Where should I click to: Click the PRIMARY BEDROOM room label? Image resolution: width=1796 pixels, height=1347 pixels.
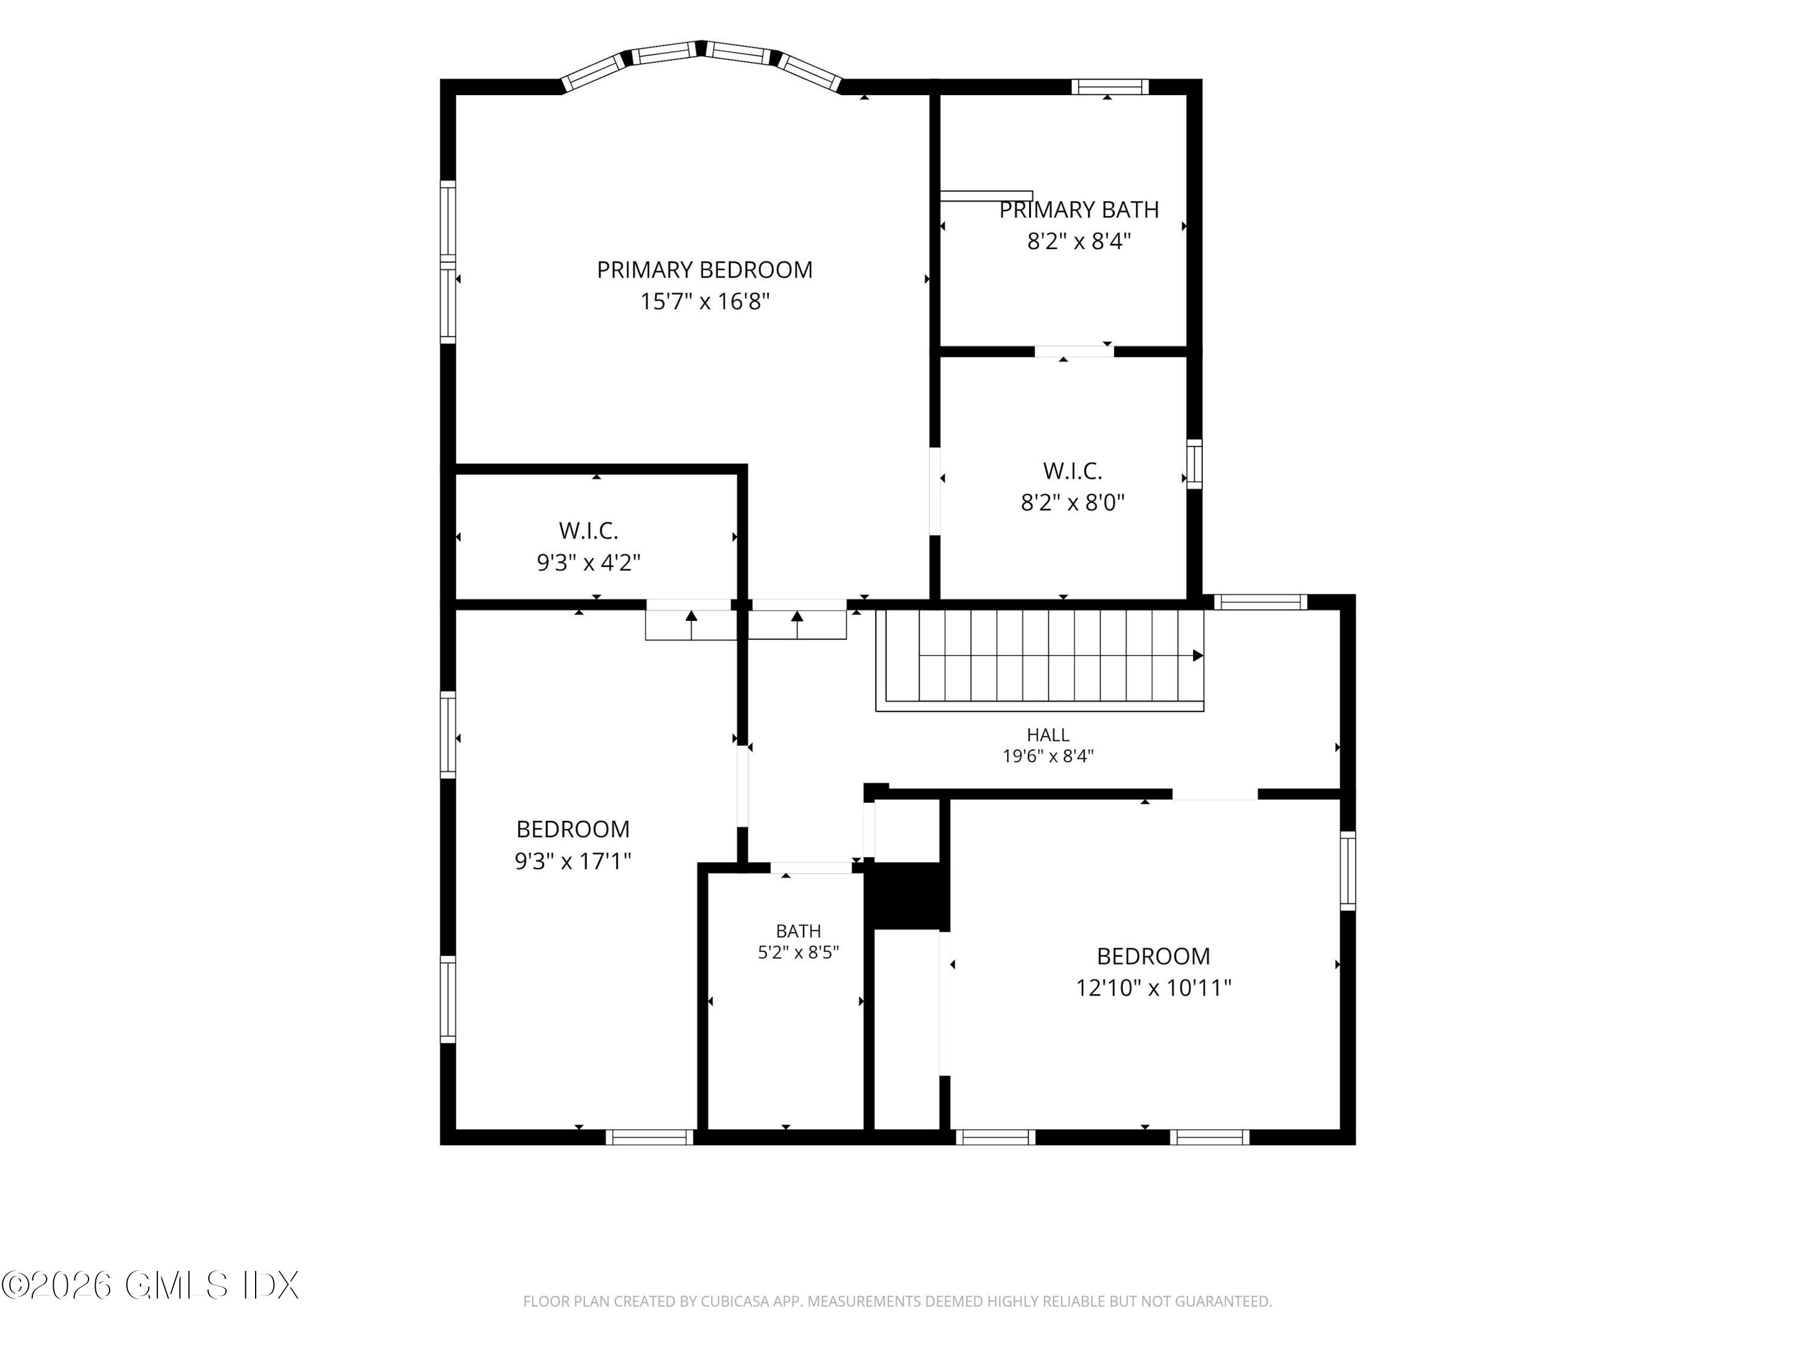pyautogui.click(x=704, y=269)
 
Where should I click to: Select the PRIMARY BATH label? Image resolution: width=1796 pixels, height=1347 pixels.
pyautogui.click(x=1078, y=210)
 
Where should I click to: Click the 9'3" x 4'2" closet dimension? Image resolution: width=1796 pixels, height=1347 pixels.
pyautogui.click(x=588, y=562)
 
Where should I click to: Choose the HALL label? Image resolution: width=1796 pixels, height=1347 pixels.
pyautogui.click(x=1048, y=735)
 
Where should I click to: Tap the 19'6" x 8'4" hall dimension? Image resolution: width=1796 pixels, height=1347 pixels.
pyautogui.click(x=1048, y=756)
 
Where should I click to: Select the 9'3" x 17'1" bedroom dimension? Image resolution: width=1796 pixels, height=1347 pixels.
pyautogui.click(x=572, y=861)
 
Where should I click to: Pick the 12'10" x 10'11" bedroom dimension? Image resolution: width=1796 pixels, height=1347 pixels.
pyautogui.click(x=1153, y=987)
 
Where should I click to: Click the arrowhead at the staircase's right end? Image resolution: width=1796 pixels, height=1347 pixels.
pyautogui.click(x=1197, y=655)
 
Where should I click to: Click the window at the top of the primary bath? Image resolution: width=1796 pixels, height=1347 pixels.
pyautogui.click(x=1110, y=87)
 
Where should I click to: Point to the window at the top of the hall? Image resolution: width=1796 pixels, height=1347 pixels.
pyautogui.click(x=1260, y=602)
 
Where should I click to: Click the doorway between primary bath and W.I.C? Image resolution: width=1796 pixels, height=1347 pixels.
pyautogui.click(x=1074, y=351)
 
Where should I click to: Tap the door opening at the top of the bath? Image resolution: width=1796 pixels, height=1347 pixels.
pyautogui.click(x=811, y=868)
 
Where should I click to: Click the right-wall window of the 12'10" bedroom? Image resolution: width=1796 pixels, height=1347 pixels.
pyautogui.click(x=1347, y=870)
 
